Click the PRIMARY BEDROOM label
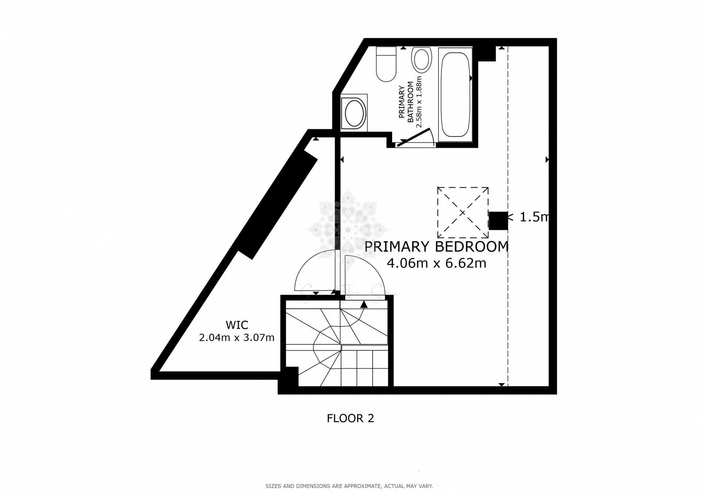[x=436, y=247]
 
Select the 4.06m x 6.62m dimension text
[x=436, y=263]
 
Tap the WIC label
[x=237, y=325]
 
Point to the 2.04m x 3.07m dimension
[x=237, y=338]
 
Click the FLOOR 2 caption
[x=350, y=418]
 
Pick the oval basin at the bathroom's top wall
[x=422, y=60]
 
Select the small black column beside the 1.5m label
[x=498, y=221]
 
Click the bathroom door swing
[x=416, y=137]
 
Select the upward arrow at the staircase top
[x=364, y=304]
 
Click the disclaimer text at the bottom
[x=349, y=486]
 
